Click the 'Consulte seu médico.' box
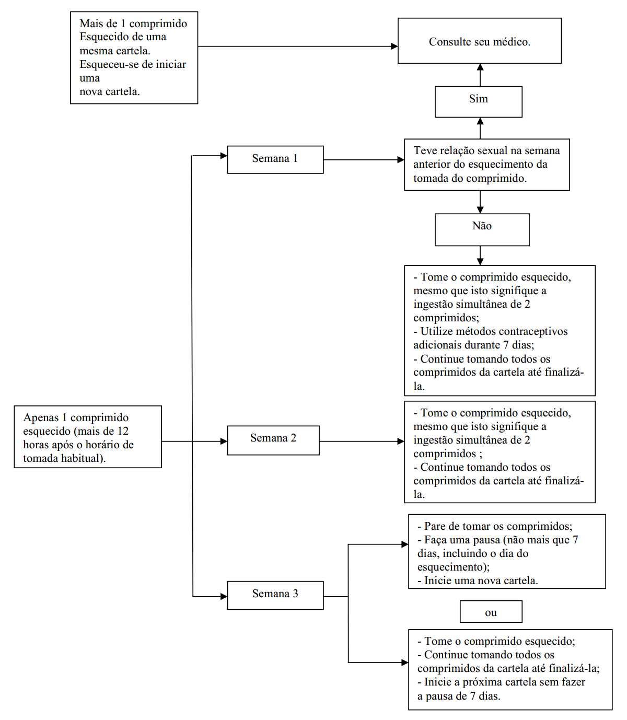pyautogui.click(x=479, y=41)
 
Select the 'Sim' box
pyautogui.click(x=478, y=102)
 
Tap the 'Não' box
pyautogui.click(x=482, y=229)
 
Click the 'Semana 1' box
pyautogui.click(x=275, y=159)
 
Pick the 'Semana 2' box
pyautogui.click(x=273, y=440)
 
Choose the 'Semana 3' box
pyautogui.click(x=275, y=596)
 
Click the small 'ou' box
pyautogui.click(x=491, y=612)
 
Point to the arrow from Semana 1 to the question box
pyautogui.click(x=364, y=160)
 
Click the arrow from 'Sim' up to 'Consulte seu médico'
pyautogui.click(x=480, y=75)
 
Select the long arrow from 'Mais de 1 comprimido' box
pyautogui.click(x=298, y=46)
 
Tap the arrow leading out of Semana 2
pyautogui.click(x=362, y=442)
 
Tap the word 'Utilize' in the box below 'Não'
pyautogui.click(x=437, y=331)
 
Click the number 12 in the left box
pyautogui.click(x=123, y=431)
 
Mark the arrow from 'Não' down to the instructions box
pyautogui.click(x=480, y=256)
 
